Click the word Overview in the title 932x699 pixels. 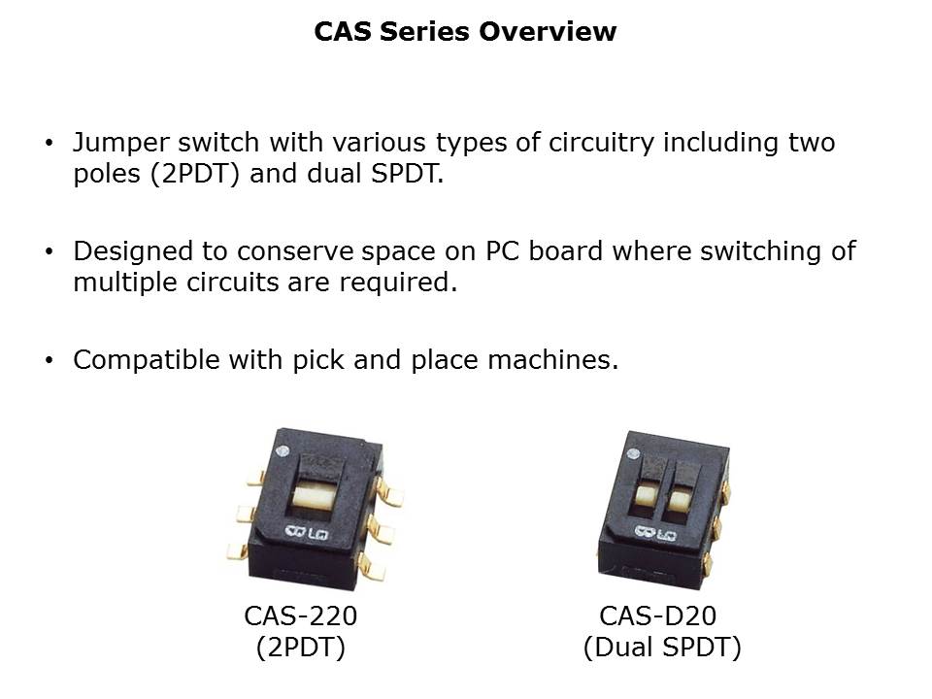pyautogui.click(x=548, y=31)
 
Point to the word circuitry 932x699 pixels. pyautogui.click(x=601, y=144)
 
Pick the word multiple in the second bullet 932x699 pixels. pyautogui.click(x=125, y=283)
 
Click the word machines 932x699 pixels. pyautogui.click(x=552, y=360)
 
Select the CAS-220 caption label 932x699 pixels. pyautogui.click(x=301, y=616)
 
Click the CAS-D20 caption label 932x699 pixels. pyautogui.click(x=658, y=616)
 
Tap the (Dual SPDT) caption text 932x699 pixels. pyautogui.click(x=662, y=648)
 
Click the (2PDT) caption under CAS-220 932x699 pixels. pyautogui.click(x=301, y=648)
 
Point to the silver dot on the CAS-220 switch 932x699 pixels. pyautogui.click(x=283, y=450)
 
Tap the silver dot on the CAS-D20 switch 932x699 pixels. pyautogui.click(x=634, y=454)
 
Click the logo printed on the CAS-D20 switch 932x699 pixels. pyautogui.click(x=655, y=533)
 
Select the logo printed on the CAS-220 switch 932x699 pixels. pyautogui.click(x=306, y=532)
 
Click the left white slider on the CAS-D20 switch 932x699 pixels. pyautogui.click(x=644, y=495)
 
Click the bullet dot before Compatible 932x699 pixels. pyautogui.click(x=49, y=361)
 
